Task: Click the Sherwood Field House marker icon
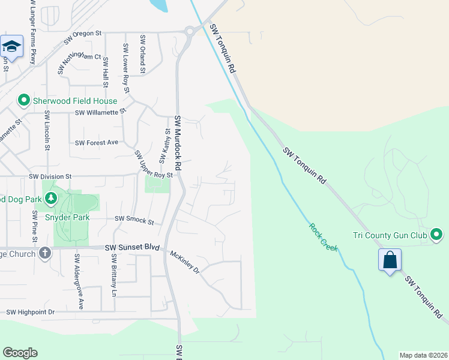[x=23, y=100]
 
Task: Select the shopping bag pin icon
[x=390, y=260]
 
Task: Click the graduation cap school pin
[x=11, y=46]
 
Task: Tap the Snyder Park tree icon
[x=51, y=198]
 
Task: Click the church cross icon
[x=44, y=254]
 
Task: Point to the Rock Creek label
[x=324, y=237]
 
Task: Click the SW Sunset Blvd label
[x=133, y=247]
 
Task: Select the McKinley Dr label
[x=185, y=261]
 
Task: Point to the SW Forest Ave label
[x=97, y=143]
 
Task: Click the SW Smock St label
[x=134, y=220]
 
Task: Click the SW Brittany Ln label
[x=113, y=275]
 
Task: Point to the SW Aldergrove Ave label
[x=77, y=281]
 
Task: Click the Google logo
[x=20, y=353]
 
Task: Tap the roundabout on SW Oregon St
[x=189, y=31]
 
